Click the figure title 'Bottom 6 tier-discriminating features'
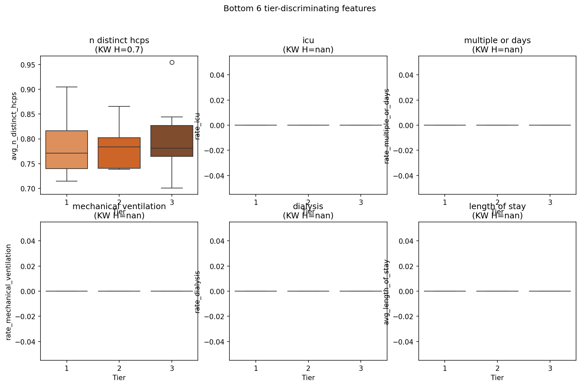(x=299, y=9)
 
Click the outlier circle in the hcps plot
(x=172, y=62)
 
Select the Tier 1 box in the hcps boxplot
(x=67, y=150)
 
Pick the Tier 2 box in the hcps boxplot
(x=119, y=153)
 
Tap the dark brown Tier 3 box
(x=172, y=141)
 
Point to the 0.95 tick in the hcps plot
(x=28, y=65)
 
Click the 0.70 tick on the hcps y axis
(x=28, y=189)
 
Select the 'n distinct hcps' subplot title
(x=119, y=41)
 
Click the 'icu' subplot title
(x=308, y=41)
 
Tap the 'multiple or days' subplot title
(x=497, y=41)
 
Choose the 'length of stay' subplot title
(x=497, y=207)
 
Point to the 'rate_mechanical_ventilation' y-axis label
(x=9, y=292)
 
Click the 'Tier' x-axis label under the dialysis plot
(x=308, y=378)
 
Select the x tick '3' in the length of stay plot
(x=550, y=368)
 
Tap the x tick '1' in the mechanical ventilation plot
(x=67, y=368)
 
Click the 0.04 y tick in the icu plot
(x=217, y=75)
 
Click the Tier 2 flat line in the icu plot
(x=308, y=125)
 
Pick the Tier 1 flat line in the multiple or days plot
(x=445, y=125)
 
